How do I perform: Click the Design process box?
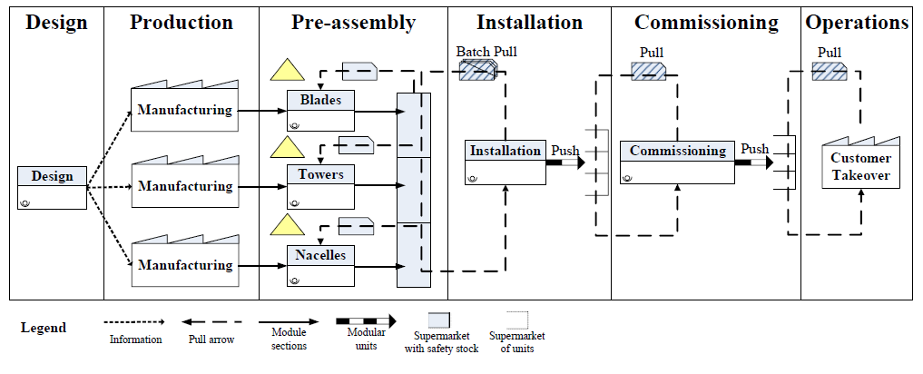(52, 187)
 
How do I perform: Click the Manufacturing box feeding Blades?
(185, 110)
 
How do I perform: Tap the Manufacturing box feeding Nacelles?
(185, 264)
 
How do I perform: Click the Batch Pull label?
(486, 52)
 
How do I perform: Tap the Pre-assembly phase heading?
(353, 23)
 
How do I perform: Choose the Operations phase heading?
(857, 23)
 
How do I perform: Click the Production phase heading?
(182, 23)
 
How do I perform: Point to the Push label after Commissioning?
(754, 149)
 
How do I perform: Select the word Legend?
(44, 328)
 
